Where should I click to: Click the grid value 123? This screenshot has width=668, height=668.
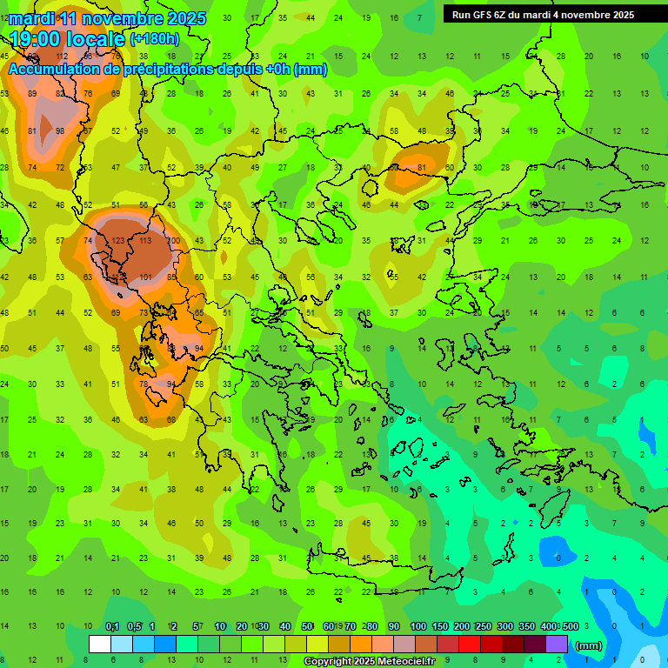pyautogui.click(x=118, y=241)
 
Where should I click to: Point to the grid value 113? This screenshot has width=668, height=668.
pyautogui.click(x=146, y=241)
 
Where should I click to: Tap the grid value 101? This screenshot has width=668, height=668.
pyautogui.click(x=146, y=278)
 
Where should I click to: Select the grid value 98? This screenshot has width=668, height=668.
pyautogui.click(x=60, y=131)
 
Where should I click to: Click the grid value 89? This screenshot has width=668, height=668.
pyautogui.click(x=32, y=94)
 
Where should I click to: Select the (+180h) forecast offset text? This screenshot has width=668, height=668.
pyautogui.click(x=155, y=39)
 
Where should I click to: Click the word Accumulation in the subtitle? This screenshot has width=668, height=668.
pyautogui.click(x=57, y=69)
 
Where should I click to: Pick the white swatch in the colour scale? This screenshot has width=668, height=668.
pyautogui.click(x=100, y=645)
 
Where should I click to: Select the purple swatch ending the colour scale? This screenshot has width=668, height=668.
pyautogui.click(x=557, y=645)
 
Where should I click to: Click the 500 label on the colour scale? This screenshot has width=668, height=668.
pyautogui.click(x=570, y=626)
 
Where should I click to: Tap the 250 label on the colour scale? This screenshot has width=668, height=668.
pyautogui.click(x=483, y=626)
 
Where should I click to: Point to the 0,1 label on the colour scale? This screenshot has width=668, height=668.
pyautogui.click(x=112, y=626)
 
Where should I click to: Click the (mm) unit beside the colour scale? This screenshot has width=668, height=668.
pyautogui.click(x=590, y=646)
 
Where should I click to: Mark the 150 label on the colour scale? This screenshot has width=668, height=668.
pyautogui.click(x=439, y=626)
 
